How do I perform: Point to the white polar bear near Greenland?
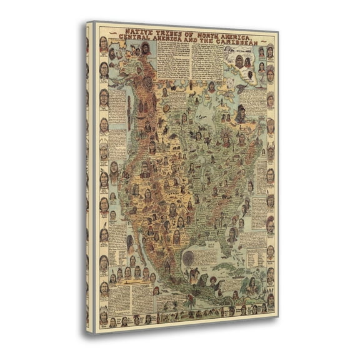click(x=240, y=90)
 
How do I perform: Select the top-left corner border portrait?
click(x=104, y=44)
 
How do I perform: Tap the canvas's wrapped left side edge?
click(x=89, y=175)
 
